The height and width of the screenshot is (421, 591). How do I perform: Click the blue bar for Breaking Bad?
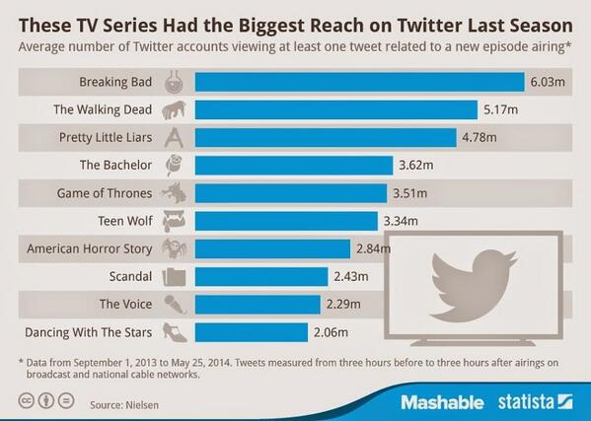coord(359,82)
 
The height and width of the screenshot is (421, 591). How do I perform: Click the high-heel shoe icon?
coord(175,330)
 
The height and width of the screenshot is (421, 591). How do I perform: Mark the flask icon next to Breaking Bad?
coord(175,82)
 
